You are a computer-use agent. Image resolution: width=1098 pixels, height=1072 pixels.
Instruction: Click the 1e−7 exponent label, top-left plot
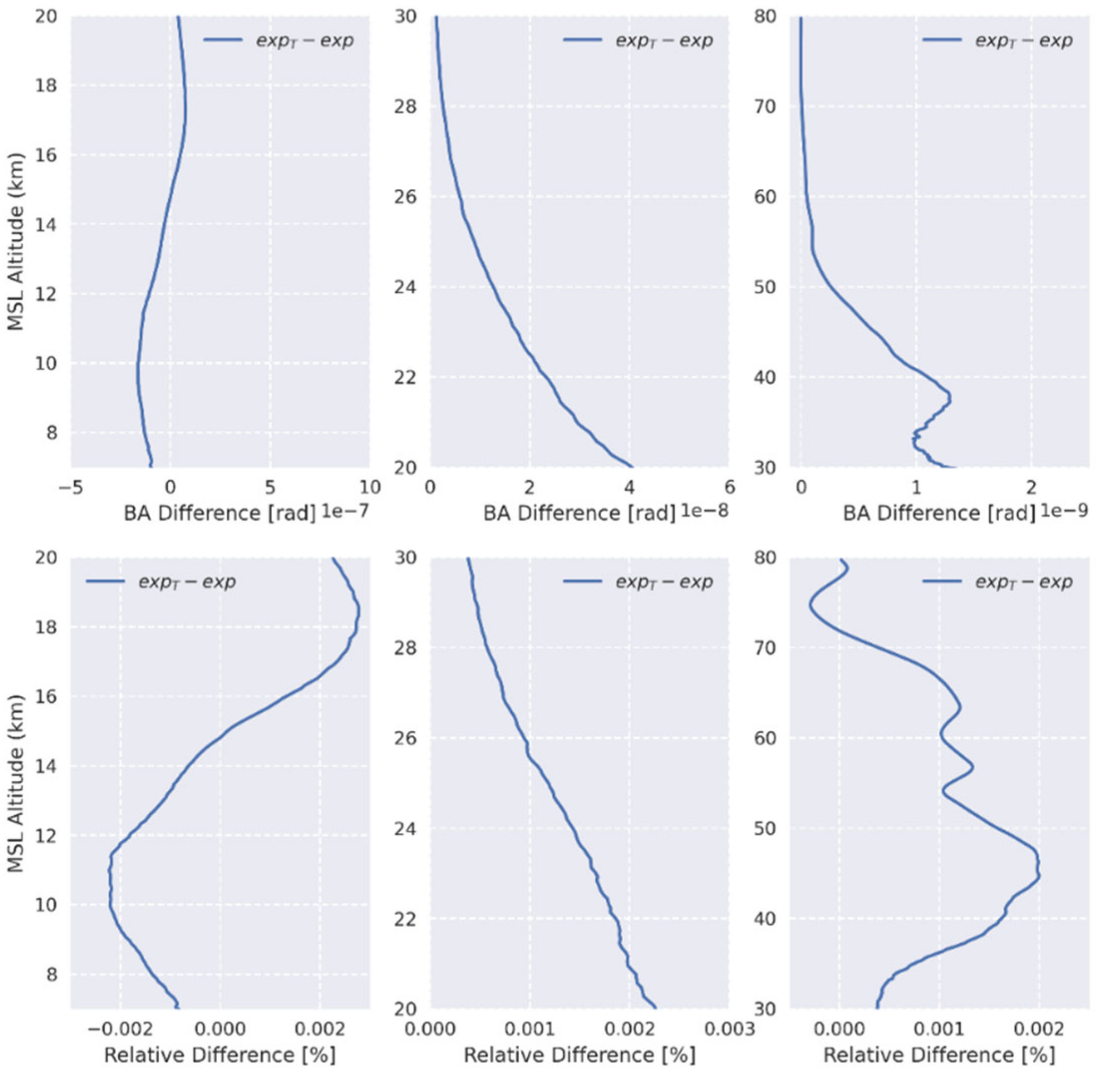[345, 511]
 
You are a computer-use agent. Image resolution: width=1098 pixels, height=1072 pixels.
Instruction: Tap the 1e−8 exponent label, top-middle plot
[704, 511]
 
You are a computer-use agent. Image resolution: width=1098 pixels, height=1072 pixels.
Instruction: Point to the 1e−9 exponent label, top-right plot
[1064, 511]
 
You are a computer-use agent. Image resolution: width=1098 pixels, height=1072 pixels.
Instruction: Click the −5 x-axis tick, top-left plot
[71, 487]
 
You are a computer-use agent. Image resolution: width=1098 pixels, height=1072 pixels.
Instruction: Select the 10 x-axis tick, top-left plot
[369, 487]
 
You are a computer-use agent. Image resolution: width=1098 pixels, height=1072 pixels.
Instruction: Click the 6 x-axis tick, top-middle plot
[729, 487]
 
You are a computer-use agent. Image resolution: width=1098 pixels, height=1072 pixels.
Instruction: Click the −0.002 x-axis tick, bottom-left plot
[120, 1029]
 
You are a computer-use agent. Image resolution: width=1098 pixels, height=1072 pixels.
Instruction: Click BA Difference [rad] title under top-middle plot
[579, 513]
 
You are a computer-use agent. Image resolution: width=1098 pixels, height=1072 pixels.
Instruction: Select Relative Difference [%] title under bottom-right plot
[939, 1054]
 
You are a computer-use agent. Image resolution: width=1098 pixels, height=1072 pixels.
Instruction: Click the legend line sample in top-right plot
[942, 39]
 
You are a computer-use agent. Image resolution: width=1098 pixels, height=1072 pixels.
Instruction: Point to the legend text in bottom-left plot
[187, 581]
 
